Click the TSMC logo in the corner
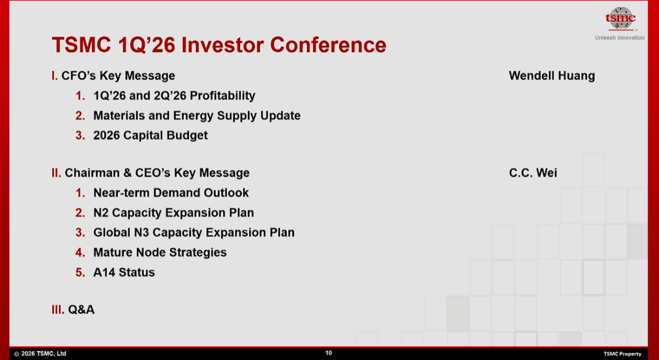620,19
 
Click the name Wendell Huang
552,76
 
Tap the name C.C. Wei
533,173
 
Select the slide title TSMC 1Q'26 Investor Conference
219,44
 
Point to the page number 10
329,353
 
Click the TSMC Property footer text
622,354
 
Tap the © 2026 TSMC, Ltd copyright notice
40,354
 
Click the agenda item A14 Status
124,272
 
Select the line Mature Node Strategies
160,252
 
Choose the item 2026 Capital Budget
151,135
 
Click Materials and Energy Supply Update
197,115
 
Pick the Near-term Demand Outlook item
171,193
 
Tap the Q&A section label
81,310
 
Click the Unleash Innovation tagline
620,37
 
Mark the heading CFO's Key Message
118,76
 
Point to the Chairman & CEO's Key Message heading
157,173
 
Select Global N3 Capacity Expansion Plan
194,232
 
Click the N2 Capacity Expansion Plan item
174,213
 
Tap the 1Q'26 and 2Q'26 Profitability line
174,95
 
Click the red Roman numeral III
58,310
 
